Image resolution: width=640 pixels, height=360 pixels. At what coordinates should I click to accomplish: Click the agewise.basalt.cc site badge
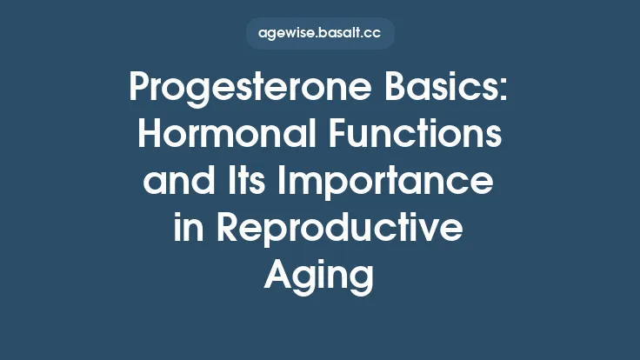click(x=320, y=34)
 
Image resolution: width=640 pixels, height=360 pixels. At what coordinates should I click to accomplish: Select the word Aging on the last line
click(x=320, y=277)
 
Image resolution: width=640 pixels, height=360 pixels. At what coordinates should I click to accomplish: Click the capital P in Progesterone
click(x=139, y=89)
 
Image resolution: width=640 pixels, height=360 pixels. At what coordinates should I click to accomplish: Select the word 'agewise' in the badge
click(x=286, y=34)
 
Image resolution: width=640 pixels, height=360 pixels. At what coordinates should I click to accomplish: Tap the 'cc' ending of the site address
click(x=373, y=34)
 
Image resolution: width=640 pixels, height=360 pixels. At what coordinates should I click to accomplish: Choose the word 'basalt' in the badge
click(x=340, y=34)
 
